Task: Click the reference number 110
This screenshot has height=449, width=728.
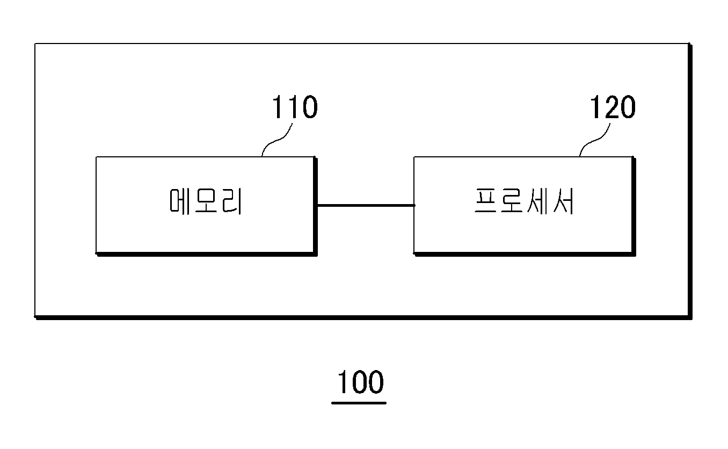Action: (294, 107)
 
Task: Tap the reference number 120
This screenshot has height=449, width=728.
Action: (612, 107)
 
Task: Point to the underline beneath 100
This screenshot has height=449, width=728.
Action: (359, 403)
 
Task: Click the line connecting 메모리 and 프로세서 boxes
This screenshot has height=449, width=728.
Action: (366, 205)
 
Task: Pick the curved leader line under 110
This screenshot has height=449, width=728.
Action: (276, 140)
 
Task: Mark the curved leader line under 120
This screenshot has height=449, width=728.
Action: (594, 140)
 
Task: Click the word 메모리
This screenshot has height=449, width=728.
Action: (206, 201)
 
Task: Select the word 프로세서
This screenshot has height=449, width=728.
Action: (524, 201)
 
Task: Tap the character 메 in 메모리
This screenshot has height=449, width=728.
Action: (179, 201)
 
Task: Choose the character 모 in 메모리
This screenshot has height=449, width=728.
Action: (206, 201)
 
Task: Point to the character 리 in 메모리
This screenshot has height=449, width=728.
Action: (232, 201)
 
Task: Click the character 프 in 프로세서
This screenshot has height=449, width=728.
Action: (485, 201)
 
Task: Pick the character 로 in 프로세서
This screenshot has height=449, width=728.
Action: (511, 201)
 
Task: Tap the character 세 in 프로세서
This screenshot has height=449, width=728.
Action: (537, 201)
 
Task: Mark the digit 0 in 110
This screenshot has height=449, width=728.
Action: (310, 107)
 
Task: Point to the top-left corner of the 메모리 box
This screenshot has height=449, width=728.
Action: (96, 157)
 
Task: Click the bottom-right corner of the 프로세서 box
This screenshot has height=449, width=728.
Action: (635, 255)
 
